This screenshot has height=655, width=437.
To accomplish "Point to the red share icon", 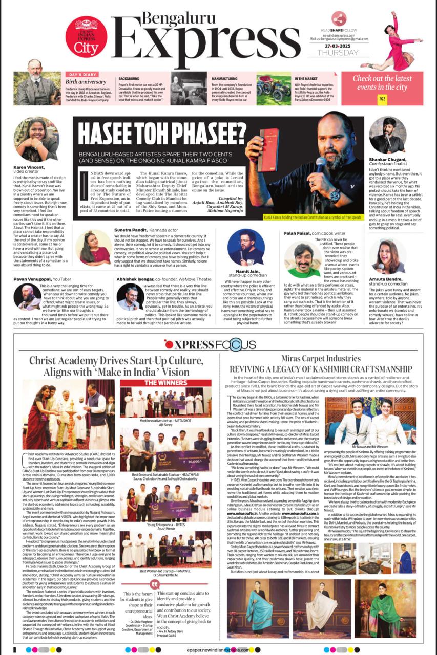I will coord(339,19).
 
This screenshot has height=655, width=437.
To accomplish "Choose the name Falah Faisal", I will coord(299,233).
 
